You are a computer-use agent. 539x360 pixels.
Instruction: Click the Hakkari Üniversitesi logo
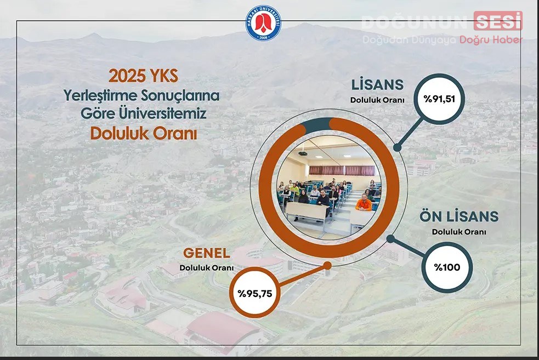coord(263,22)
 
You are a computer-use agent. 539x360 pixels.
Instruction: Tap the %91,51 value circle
coord(439,99)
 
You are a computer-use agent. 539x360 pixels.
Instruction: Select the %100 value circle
coord(447,267)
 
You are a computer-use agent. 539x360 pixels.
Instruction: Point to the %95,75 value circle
coord(255,293)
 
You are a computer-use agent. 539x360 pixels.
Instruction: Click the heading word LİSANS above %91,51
coord(377,84)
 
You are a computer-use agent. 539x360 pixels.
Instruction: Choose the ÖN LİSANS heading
coord(459,216)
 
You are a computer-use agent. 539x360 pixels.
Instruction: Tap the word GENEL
coord(206,253)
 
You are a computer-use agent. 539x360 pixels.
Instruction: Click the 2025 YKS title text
coord(143,76)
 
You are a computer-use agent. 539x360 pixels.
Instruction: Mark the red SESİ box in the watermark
coord(498,21)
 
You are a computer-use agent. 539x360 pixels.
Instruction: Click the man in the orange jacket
coord(364,202)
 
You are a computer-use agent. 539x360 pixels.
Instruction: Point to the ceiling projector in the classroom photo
coord(303,153)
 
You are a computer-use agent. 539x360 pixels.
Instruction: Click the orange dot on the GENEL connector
coord(327,266)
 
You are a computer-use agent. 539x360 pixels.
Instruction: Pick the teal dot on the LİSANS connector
coord(398,147)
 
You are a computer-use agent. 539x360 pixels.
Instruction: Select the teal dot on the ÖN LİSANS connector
coord(390,239)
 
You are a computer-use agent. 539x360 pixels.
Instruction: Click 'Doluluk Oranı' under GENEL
coord(206,268)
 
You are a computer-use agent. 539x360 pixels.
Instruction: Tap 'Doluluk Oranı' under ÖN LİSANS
coord(459,232)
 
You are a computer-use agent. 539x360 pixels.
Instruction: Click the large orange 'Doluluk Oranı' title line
coord(144,134)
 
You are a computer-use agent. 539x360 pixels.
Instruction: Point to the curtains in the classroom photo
coord(342,170)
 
